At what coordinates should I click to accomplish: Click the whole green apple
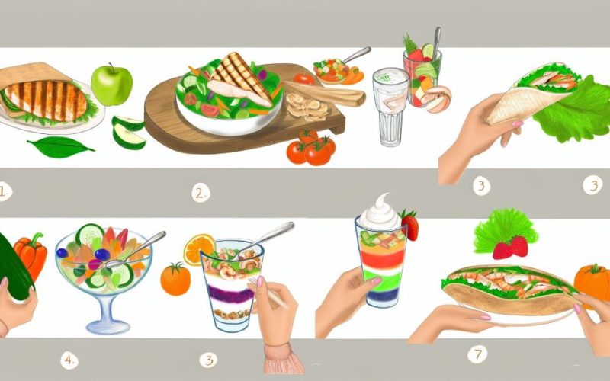coord(111,85)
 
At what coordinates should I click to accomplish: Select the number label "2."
coord(200,194)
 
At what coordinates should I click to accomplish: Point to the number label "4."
coord(69,360)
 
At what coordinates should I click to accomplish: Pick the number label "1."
coord(4,193)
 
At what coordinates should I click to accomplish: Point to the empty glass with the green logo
coord(390,106)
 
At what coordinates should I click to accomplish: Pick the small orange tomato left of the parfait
coord(175,280)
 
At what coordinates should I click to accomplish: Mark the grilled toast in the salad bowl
coord(239,79)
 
